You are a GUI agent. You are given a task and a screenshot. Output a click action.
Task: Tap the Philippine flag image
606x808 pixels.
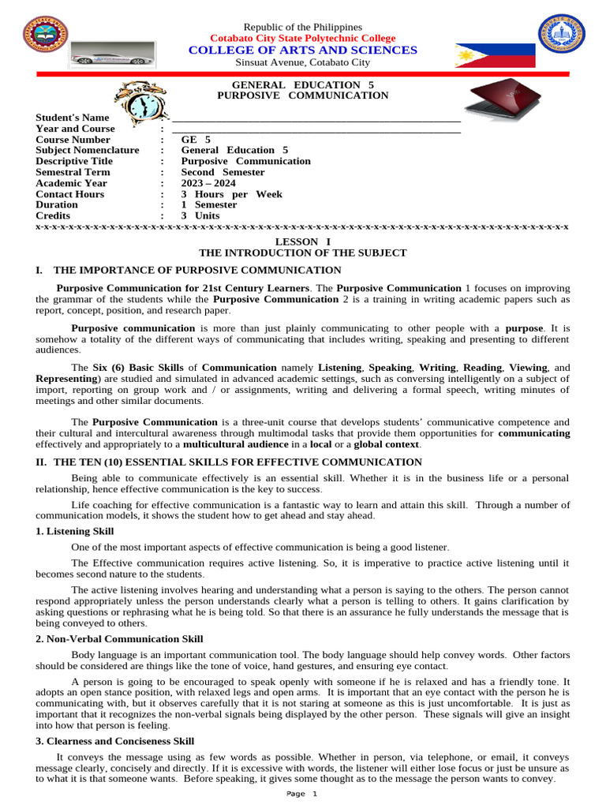[x=495, y=55]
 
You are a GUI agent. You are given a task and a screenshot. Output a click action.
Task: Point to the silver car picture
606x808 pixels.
[x=103, y=58]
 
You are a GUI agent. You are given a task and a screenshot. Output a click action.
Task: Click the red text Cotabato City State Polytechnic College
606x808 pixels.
[x=303, y=39]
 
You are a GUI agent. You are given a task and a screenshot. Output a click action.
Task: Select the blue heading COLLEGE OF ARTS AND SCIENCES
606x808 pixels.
[x=303, y=50]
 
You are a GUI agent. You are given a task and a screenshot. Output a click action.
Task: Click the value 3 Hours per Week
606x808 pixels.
[x=231, y=194]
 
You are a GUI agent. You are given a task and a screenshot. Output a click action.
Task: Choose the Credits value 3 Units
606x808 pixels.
[x=200, y=215]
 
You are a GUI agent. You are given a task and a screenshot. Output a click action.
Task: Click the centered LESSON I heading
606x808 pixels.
[x=303, y=241]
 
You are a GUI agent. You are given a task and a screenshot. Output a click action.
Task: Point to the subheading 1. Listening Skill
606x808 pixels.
[x=75, y=532]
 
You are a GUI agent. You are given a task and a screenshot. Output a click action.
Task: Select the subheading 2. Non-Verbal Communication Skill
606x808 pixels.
[x=119, y=639]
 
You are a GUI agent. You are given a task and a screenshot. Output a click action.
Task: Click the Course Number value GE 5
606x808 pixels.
[x=196, y=140]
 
